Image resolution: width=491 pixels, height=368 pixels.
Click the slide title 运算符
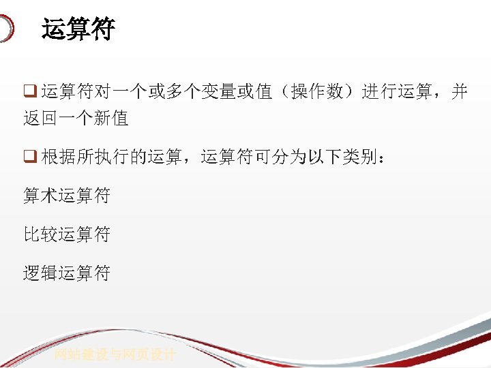(x=78, y=30)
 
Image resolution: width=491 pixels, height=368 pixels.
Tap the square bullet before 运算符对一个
(x=29, y=92)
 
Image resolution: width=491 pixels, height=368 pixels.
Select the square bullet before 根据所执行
(x=29, y=157)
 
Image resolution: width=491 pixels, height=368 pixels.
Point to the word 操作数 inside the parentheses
(x=316, y=92)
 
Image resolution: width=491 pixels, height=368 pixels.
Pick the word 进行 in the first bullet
(x=378, y=92)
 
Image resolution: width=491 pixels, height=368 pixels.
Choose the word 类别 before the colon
(x=361, y=157)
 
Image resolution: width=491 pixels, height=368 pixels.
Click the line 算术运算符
(x=67, y=196)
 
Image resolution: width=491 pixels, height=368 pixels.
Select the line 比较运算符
(x=67, y=235)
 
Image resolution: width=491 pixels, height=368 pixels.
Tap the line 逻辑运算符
(x=67, y=274)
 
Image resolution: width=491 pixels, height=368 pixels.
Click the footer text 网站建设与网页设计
(x=115, y=355)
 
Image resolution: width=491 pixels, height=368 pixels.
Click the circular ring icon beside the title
(x=5, y=29)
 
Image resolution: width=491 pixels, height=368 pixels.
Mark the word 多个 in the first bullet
(x=183, y=92)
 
